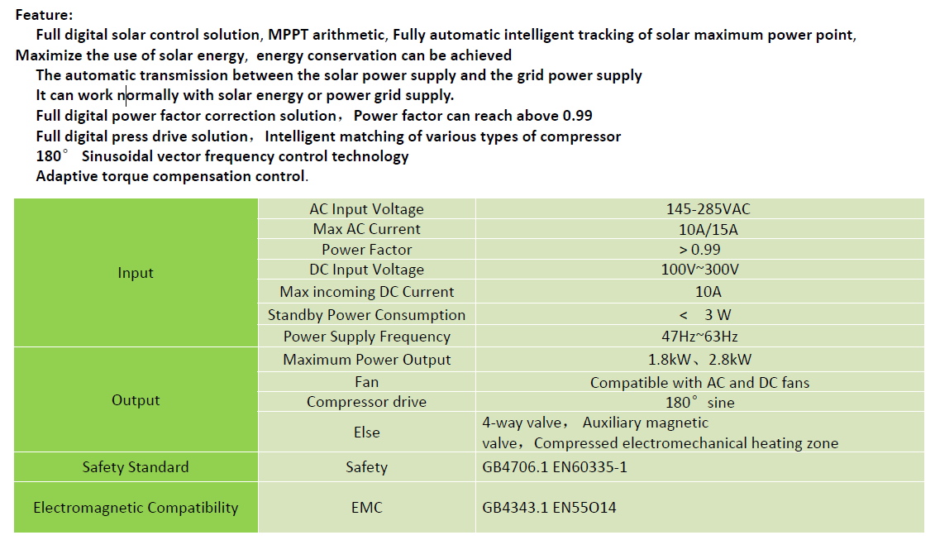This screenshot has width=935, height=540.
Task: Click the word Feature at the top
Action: pyautogui.click(x=42, y=15)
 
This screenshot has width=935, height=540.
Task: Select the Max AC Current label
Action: pyautogui.click(x=366, y=229)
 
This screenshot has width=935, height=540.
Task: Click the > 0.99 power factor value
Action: pyautogui.click(x=699, y=249)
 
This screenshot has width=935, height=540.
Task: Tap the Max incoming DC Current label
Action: pyautogui.click(x=366, y=292)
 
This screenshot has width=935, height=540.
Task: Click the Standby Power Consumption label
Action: pyautogui.click(x=366, y=315)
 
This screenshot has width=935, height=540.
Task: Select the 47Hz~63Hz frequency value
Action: pyautogui.click(x=699, y=337)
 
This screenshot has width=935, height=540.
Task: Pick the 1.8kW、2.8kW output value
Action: pyautogui.click(x=699, y=360)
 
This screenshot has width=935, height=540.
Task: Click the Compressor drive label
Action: pyautogui.click(x=366, y=402)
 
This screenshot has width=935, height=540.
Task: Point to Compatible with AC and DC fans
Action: pyautogui.click(x=699, y=383)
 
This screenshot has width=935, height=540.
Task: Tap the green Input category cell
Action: pyautogui.click(x=136, y=273)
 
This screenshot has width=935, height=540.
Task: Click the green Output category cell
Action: pyautogui.click(x=136, y=400)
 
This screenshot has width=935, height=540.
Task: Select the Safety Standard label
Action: pyautogui.click(x=136, y=467)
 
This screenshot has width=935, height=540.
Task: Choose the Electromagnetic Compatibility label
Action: pyautogui.click(x=136, y=508)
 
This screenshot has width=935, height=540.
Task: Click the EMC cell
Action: pyautogui.click(x=366, y=508)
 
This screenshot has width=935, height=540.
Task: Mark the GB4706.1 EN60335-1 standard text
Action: pyautogui.click(x=555, y=467)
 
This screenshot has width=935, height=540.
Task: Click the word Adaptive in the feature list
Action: pyautogui.click(x=64, y=176)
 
